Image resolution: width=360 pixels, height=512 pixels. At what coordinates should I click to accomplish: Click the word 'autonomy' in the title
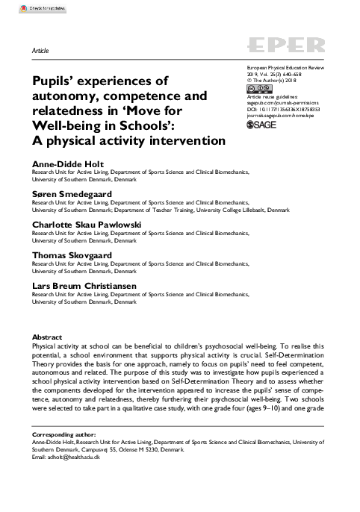click(x=63, y=96)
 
